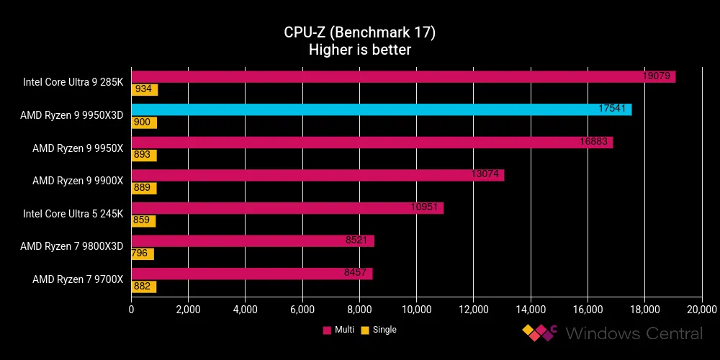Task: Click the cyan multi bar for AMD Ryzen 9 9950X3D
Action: click(381, 109)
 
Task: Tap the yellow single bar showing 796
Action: click(143, 254)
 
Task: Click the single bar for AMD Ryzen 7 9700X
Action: click(143, 287)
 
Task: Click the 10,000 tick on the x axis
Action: click(416, 310)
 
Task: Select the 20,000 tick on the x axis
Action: click(701, 310)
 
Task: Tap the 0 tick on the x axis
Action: click(131, 310)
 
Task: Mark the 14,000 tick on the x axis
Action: click(530, 310)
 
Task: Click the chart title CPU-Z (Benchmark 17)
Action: click(359, 33)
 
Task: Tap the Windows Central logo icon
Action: click(540, 333)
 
